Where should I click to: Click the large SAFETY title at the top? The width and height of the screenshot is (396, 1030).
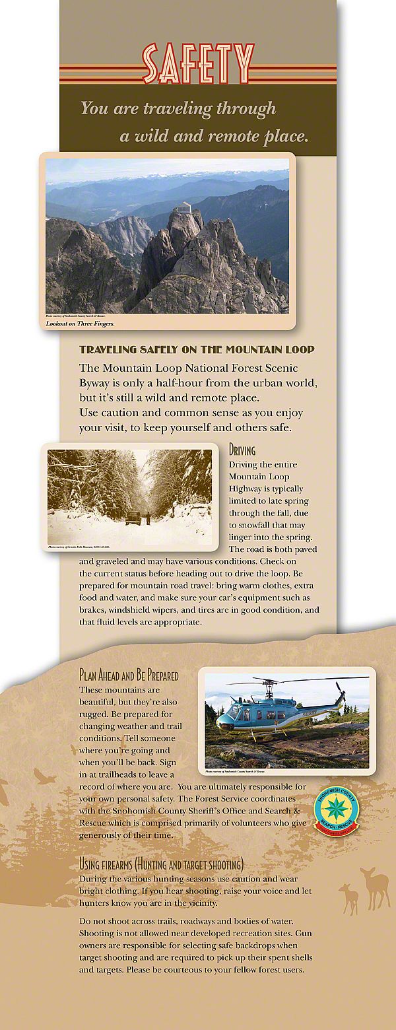197,64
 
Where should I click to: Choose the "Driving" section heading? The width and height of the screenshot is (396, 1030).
242,451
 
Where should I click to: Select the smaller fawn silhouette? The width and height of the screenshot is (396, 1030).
348,898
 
